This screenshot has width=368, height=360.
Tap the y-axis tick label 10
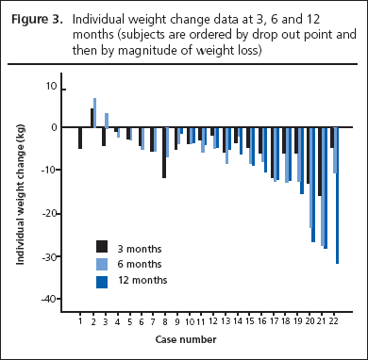pyautogui.click(x=50, y=86)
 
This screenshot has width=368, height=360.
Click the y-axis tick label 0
pyautogui.click(x=53, y=128)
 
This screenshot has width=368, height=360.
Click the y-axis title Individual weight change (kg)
pyautogui.click(x=21, y=192)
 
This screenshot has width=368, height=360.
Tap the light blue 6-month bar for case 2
pyautogui.click(x=95, y=113)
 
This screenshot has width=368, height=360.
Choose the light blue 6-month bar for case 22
pyautogui.click(x=334, y=150)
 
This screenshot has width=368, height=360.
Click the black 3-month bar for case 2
pyautogui.click(x=92, y=119)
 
